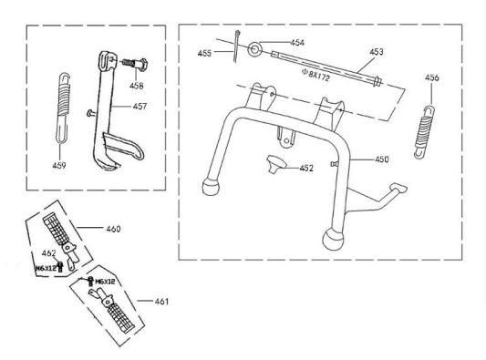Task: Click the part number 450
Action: pyautogui.click(x=381, y=159)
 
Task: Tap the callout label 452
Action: pyautogui.click(x=306, y=168)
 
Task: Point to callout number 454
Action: pyautogui.click(x=297, y=43)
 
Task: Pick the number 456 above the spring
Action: pyautogui.click(x=431, y=77)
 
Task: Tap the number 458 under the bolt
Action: pyautogui.click(x=136, y=86)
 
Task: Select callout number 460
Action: pyautogui.click(x=112, y=228)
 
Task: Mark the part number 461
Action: pyautogui.click(x=160, y=300)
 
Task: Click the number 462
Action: pyautogui.click(x=49, y=252)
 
